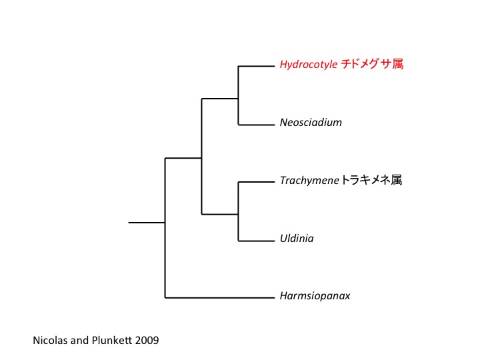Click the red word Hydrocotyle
coord(309,65)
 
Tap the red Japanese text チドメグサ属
coord(373,65)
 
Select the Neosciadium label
coord(311,123)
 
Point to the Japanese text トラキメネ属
coord(371,180)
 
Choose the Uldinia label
coord(297,238)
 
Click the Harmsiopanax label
coord(315,296)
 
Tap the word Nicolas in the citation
coord(50,340)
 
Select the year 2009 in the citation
coord(146,340)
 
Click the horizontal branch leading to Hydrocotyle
coord(257,65)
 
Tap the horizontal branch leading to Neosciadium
coord(257,123)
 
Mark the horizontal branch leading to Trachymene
coord(257,181)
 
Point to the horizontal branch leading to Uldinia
coord(257,239)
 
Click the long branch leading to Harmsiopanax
coord(220,297)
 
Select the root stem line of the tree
coord(147,222)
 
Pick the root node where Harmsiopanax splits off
coord(165,222)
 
